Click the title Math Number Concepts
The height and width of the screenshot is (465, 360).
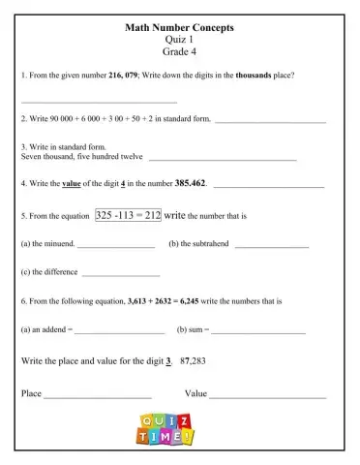pyautogui.click(x=180, y=28)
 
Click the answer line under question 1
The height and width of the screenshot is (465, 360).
pyautogui.click(x=99, y=101)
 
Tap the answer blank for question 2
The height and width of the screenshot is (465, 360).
pyautogui.click(x=270, y=122)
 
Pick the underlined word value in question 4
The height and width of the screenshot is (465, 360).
pyautogui.click(x=75, y=182)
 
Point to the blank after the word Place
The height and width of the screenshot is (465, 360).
pyautogui.click(x=98, y=396)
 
